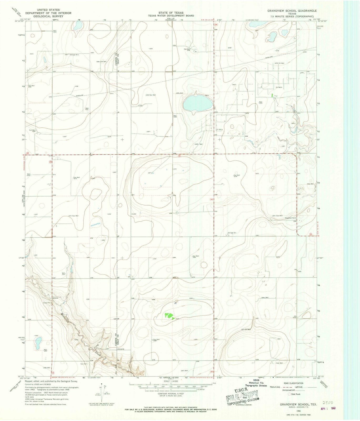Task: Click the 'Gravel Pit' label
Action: (47, 303)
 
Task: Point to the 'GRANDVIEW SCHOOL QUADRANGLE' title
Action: (288, 11)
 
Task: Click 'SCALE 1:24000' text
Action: (170, 381)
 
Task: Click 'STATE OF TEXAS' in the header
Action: (171, 13)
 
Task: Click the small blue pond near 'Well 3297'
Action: (37, 343)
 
